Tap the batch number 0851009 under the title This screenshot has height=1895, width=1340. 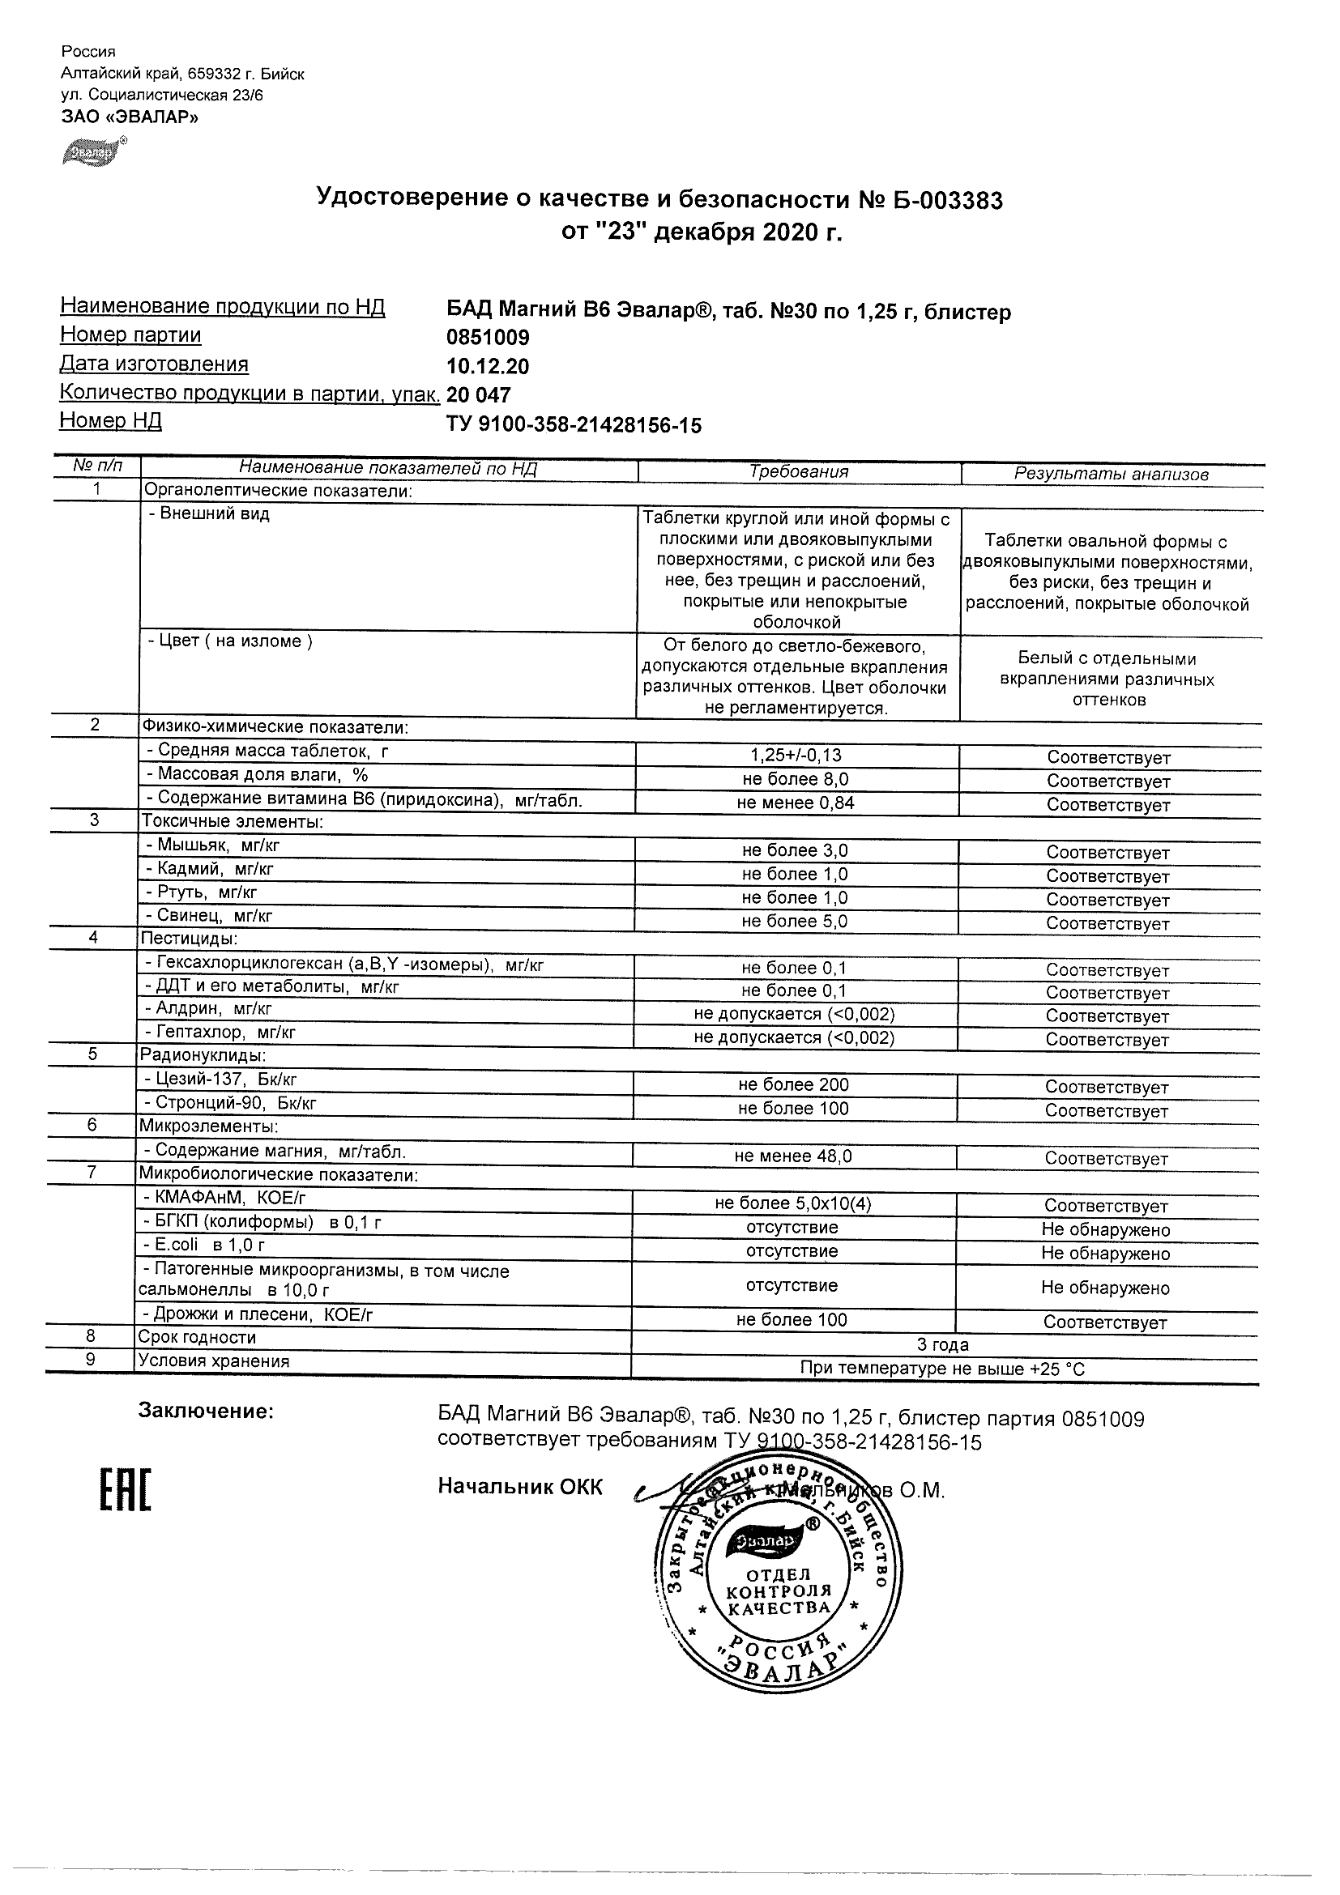pos(487,338)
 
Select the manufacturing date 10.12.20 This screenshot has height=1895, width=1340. pos(487,367)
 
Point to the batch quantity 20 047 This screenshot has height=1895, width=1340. pos(478,395)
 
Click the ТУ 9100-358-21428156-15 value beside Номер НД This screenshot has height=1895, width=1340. pos(574,425)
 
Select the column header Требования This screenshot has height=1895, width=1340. pos(798,472)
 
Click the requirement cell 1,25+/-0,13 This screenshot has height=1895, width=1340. pos(796,756)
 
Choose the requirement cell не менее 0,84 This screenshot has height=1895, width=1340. pos(796,803)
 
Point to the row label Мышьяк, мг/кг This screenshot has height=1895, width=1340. pos(218,845)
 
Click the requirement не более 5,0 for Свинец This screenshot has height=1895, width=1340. pos(794,921)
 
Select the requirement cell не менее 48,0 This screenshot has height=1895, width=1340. pos(792,1156)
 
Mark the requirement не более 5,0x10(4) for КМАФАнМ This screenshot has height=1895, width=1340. pos(792,1203)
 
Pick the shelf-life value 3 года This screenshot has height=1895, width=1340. pos(943,1344)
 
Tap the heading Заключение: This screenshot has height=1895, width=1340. pos(206,1412)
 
